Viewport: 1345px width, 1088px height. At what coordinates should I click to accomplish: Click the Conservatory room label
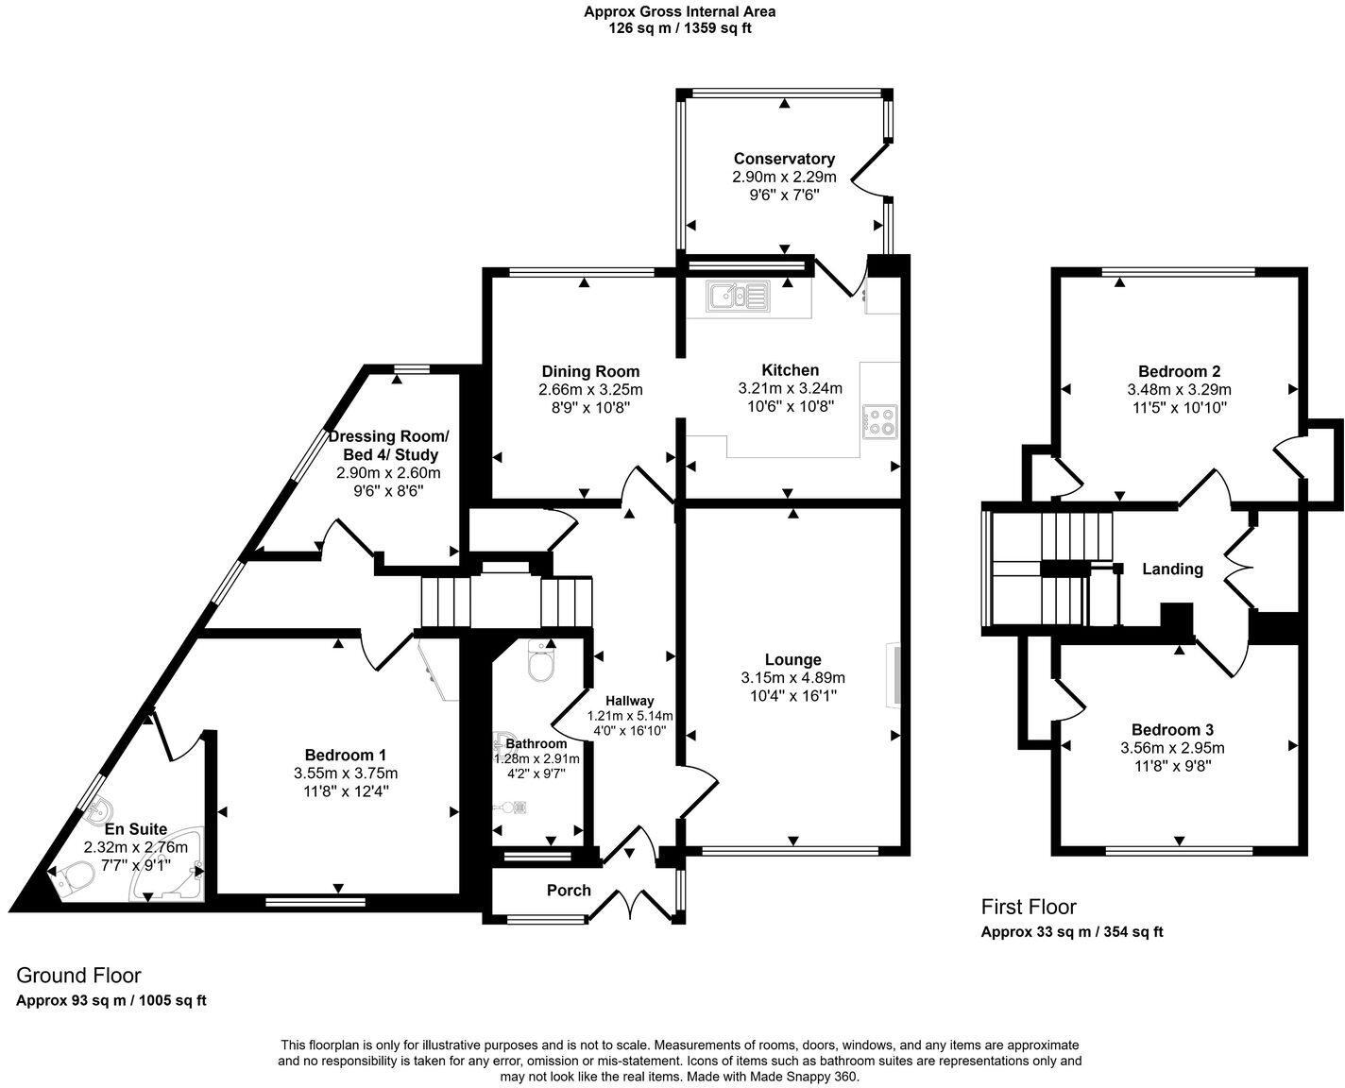coord(784,159)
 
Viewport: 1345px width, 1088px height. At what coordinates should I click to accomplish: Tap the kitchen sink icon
coord(742,297)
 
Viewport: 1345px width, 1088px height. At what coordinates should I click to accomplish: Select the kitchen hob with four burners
coord(880,420)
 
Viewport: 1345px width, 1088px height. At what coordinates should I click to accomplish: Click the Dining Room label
coord(590,371)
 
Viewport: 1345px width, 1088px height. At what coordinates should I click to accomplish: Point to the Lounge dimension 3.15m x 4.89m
coord(792,677)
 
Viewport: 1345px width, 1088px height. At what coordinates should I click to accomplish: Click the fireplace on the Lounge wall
coord(892,674)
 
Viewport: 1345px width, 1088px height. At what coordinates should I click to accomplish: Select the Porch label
coord(569,890)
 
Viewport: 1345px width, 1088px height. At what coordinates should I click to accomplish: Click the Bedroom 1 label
coord(345,755)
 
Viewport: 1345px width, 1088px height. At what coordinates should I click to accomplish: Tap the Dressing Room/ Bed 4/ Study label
coord(388,445)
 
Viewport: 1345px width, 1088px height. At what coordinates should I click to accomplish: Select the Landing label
coord(1172,569)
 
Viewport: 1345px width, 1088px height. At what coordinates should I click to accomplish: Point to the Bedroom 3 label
coord(1172,729)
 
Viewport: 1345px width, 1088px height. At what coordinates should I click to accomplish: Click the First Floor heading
coord(1029,907)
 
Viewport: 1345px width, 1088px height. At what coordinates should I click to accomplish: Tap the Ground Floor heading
coord(78,975)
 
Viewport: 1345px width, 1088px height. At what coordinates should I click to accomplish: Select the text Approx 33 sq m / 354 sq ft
coord(1072,932)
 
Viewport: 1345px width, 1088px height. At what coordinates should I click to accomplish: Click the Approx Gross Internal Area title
coord(679,12)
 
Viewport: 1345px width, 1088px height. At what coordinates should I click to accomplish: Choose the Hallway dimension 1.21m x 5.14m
coord(630,716)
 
